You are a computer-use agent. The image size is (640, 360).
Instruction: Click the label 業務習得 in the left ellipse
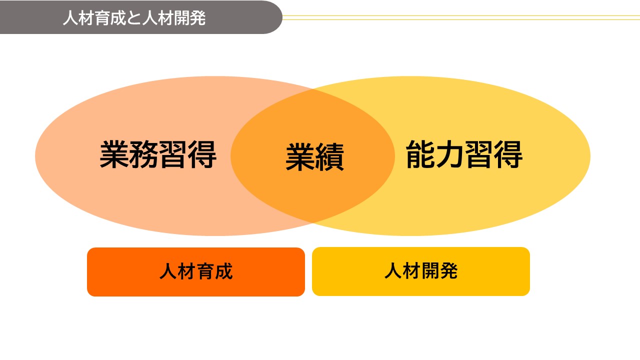(158, 154)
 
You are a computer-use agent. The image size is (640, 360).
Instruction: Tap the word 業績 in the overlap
(314, 157)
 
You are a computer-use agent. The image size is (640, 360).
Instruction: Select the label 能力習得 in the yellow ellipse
(464, 154)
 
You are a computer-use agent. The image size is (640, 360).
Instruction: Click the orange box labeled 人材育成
(196, 272)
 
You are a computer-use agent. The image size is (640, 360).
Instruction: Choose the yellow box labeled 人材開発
(421, 271)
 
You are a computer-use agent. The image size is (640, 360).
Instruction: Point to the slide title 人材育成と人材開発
(134, 17)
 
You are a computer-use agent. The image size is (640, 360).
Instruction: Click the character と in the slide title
(134, 18)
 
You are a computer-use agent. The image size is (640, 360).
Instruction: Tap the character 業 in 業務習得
(114, 154)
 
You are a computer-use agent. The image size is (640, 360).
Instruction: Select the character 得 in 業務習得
(202, 154)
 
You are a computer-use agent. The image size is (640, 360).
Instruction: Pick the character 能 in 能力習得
(420, 154)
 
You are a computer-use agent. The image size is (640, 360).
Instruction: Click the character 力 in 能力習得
(449, 154)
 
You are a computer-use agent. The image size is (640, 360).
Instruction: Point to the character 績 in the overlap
(329, 157)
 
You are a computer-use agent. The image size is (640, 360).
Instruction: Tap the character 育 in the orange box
(205, 271)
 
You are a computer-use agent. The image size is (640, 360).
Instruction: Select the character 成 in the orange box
(223, 271)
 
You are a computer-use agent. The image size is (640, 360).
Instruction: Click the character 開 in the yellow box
(430, 271)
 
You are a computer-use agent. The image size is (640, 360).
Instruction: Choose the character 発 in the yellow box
(449, 271)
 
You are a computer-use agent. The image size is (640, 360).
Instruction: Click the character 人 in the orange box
(168, 271)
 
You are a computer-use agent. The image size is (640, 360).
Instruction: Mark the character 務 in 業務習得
(143, 154)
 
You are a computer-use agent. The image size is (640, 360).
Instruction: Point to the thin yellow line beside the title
(461, 17)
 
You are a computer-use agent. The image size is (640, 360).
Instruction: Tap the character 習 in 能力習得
(479, 154)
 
